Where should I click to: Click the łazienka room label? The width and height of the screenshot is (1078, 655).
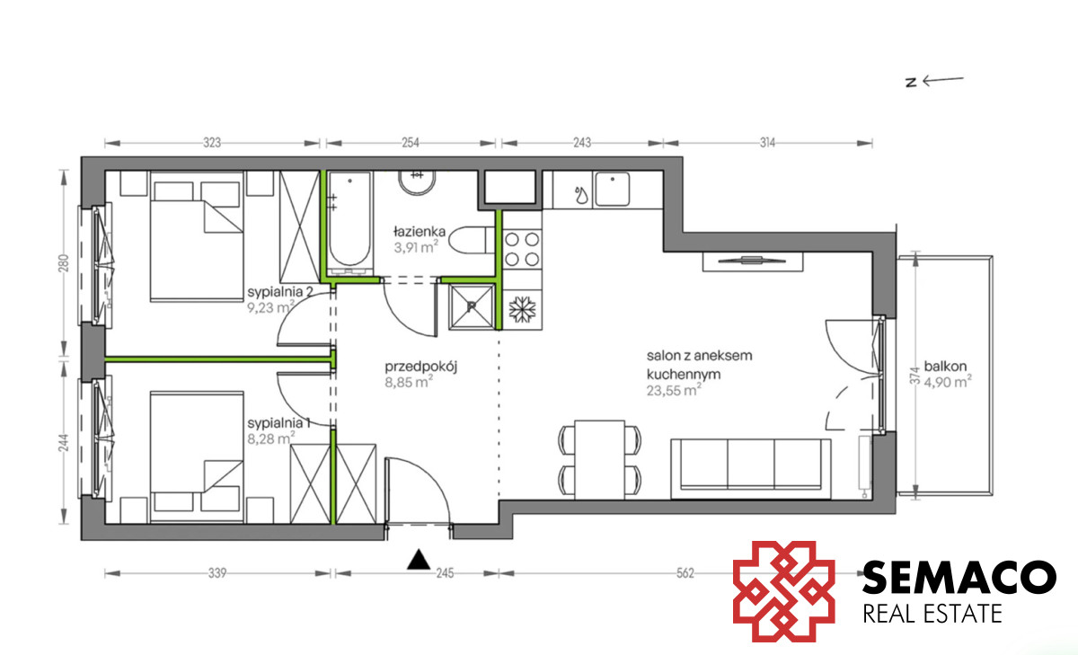click(x=420, y=232)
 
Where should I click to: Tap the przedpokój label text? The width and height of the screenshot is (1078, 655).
click(x=420, y=367)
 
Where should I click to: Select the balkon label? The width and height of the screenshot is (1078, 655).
click(x=945, y=367)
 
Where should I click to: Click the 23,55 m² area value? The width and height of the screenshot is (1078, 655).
click(x=674, y=390)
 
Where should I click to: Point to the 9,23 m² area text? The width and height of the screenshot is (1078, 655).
click(x=271, y=307)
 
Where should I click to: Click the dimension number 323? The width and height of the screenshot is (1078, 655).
click(x=212, y=143)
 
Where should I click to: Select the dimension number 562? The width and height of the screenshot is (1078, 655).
click(x=685, y=573)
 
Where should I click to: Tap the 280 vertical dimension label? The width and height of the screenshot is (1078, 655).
click(x=64, y=263)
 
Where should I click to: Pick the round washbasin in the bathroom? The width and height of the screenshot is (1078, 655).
click(x=417, y=183)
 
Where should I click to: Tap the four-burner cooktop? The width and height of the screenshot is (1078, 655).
click(x=522, y=249)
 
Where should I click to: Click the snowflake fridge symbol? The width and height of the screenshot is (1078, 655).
click(x=522, y=309)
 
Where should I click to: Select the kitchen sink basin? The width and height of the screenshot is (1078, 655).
click(x=612, y=190)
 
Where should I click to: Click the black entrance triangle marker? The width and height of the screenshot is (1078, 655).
click(x=419, y=559)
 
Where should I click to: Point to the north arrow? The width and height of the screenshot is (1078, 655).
click(x=935, y=82)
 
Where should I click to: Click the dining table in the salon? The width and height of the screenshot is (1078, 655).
click(x=600, y=460)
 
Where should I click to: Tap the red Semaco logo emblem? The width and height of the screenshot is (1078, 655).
click(x=784, y=591)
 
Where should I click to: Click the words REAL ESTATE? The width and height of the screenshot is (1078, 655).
click(x=932, y=614)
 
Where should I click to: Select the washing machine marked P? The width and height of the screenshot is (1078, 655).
click(x=472, y=307)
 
